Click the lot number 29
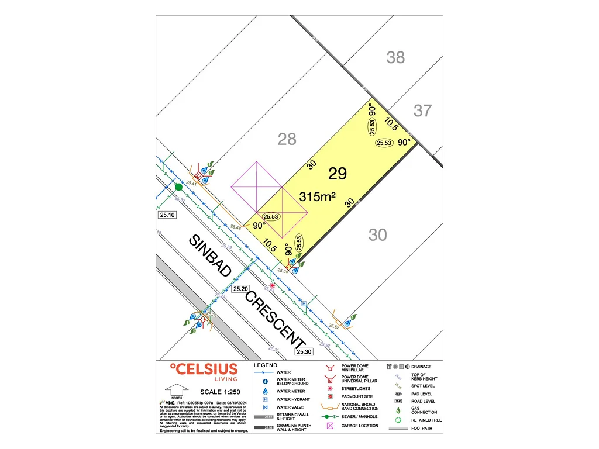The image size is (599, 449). [338, 174]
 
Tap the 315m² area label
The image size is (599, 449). [317, 197]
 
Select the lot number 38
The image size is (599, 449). [395, 57]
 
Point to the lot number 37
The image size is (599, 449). [422, 110]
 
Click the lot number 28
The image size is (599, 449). [287, 139]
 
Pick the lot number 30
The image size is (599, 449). [378, 235]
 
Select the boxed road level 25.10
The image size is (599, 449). [167, 215]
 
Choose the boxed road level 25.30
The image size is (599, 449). [305, 352]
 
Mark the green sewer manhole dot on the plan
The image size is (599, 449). [178, 187]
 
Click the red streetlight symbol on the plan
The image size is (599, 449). [271, 285]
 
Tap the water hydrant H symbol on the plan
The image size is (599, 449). [303, 303]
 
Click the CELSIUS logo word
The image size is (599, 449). [204, 369]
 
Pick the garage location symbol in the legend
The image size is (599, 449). [329, 426]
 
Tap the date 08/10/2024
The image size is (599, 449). [229, 403]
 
